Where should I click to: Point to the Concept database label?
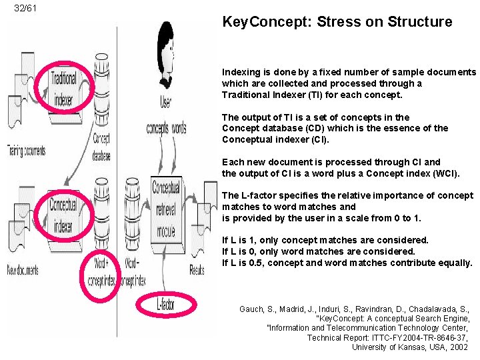coord(101,147)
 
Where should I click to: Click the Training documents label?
coord(26,151)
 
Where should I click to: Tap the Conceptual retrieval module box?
coord(166,209)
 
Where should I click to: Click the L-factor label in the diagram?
coord(166,305)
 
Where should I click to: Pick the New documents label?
coord(23,271)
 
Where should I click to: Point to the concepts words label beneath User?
coord(166,128)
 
